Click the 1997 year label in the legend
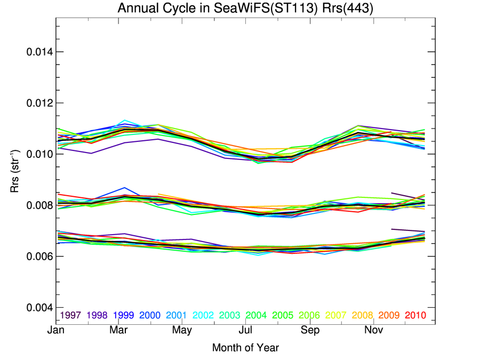coord(70,315)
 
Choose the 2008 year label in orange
coord(362,315)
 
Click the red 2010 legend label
coord(416,315)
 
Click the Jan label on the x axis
coord(56,331)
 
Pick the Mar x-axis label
coord(119,331)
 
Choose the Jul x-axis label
coord(246,331)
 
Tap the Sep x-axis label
coord(310,331)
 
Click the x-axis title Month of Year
coord(245,348)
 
